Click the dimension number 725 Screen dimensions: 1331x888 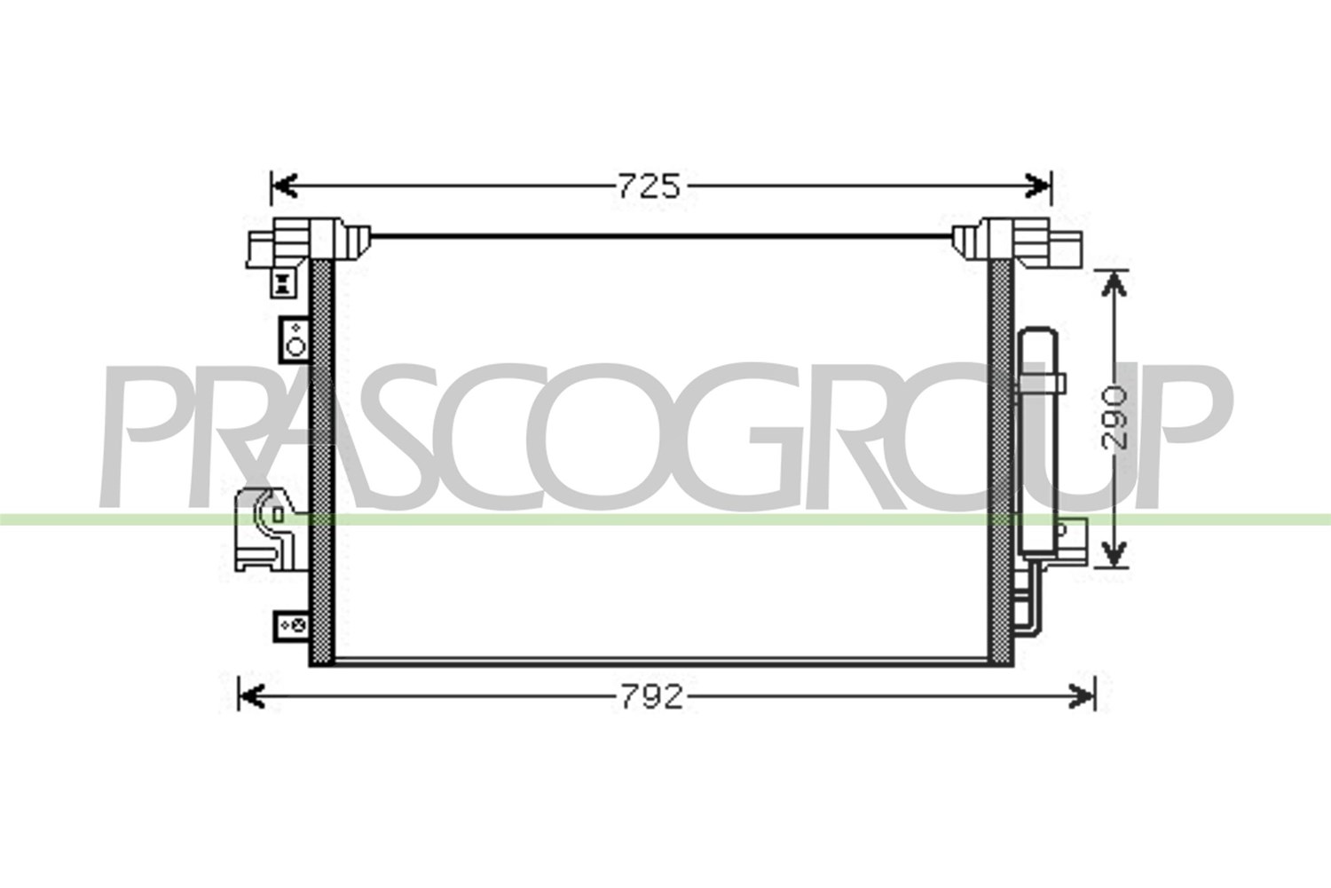(x=649, y=186)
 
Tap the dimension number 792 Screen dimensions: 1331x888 (x=652, y=696)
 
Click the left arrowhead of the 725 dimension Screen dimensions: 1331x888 (x=284, y=186)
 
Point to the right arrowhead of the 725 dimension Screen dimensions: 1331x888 (x=1038, y=186)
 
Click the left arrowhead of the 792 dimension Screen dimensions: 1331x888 (x=252, y=696)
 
